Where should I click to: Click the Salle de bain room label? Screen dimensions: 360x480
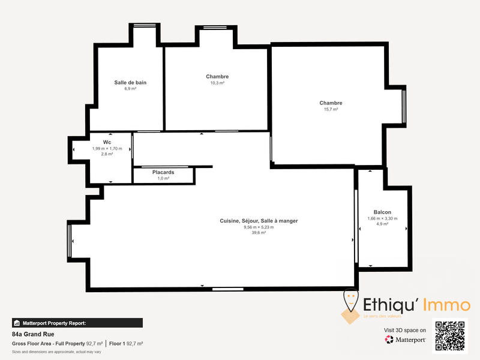pyautogui.click(x=130, y=82)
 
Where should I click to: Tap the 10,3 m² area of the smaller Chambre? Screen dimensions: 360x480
pyautogui.click(x=217, y=83)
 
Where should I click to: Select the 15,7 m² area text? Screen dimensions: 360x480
pyautogui.click(x=331, y=109)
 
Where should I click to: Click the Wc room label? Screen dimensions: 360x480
pyautogui.click(x=107, y=142)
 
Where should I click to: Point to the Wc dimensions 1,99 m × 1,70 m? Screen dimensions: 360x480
pyautogui.click(x=107, y=148)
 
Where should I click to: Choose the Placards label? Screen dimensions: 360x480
pyautogui.click(x=163, y=172)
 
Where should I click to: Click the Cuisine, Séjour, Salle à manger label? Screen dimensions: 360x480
pyautogui.click(x=259, y=221)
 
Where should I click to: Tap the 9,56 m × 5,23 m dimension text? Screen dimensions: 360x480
pyautogui.click(x=259, y=227)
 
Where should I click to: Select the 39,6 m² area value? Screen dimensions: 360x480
pyautogui.click(x=259, y=233)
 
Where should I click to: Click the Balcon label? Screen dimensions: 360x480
pyautogui.click(x=382, y=212)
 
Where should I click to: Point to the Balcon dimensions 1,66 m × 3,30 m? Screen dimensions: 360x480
pyautogui.click(x=382, y=218)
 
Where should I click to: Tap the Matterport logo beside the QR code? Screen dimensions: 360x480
pyautogui.click(x=406, y=340)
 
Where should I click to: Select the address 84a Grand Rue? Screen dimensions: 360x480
pyautogui.click(x=33, y=334)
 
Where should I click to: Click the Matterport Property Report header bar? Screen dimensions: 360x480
pyautogui.click(x=77, y=323)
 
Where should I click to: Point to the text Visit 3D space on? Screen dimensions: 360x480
pyautogui.click(x=405, y=330)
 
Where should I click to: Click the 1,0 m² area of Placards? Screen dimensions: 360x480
pyautogui.click(x=163, y=178)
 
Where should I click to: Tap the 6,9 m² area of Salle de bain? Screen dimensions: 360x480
pyautogui.click(x=130, y=89)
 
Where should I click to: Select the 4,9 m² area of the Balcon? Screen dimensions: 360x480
pyautogui.click(x=382, y=224)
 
